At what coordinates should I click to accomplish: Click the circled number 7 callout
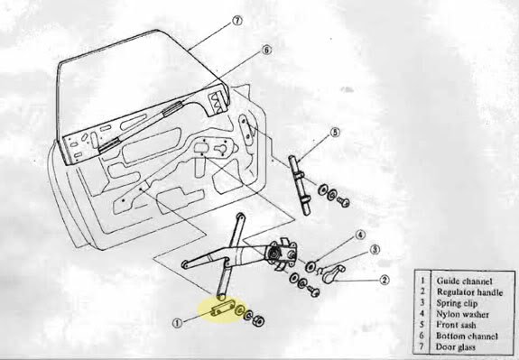point(237,21)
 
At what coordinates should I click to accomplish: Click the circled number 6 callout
point(266,51)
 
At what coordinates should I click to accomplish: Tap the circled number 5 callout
point(335,133)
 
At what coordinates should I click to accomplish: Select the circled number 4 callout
point(360,235)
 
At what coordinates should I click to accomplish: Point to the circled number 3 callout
point(375,250)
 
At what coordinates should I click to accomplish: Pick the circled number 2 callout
point(384,281)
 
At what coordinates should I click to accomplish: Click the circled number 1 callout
point(178,323)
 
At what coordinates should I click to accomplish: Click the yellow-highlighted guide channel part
point(222,308)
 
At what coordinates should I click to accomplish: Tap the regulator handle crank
point(333,274)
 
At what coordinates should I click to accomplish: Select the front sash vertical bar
point(300,185)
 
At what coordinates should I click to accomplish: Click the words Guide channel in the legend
point(464,282)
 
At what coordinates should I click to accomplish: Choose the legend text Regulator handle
point(469,292)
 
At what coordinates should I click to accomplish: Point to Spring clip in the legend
point(457,303)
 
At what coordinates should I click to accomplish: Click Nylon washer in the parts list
point(462,314)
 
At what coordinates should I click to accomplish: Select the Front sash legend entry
point(456,325)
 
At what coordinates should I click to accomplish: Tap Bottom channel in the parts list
point(467,336)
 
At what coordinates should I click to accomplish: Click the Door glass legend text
point(456,346)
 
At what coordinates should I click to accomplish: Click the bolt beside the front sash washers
point(344,201)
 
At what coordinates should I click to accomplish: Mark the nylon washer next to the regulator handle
point(310,266)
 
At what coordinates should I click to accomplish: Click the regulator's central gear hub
point(274,254)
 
